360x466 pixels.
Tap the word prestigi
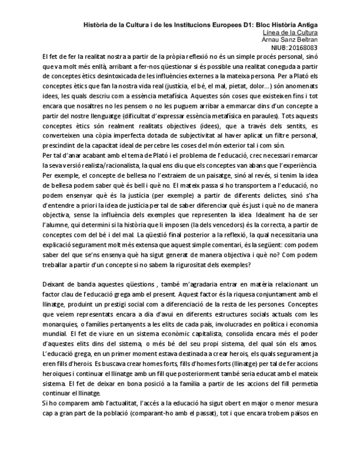point(130,301)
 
